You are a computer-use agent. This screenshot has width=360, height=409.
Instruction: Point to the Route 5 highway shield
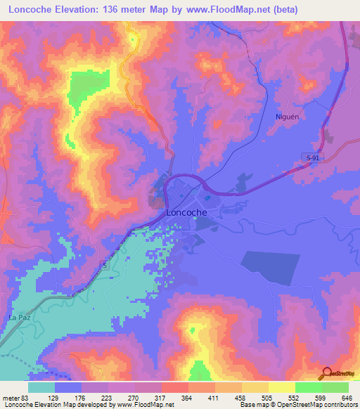click(103, 265)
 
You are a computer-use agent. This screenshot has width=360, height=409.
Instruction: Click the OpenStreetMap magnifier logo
click(326, 373)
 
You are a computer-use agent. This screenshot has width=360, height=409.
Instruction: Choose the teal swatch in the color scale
click(41, 387)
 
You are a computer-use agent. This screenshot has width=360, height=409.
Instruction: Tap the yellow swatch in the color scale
click(281, 387)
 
